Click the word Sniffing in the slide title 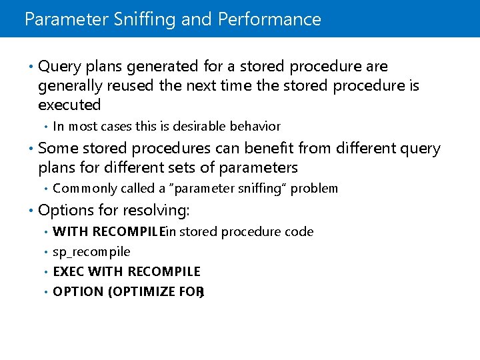pyautogui.click(x=145, y=19)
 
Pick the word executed pyautogui.click(x=69, y=105)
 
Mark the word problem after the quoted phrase pyautogui.click(x=314, y=189)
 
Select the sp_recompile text pyautogui.click(x=91, y=252)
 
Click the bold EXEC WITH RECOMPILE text pyautogui.click(x=127, y=271)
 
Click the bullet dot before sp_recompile pyautogui.click(x=45, y=252)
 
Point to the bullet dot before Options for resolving pyautogui.click(x=31, y=211)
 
